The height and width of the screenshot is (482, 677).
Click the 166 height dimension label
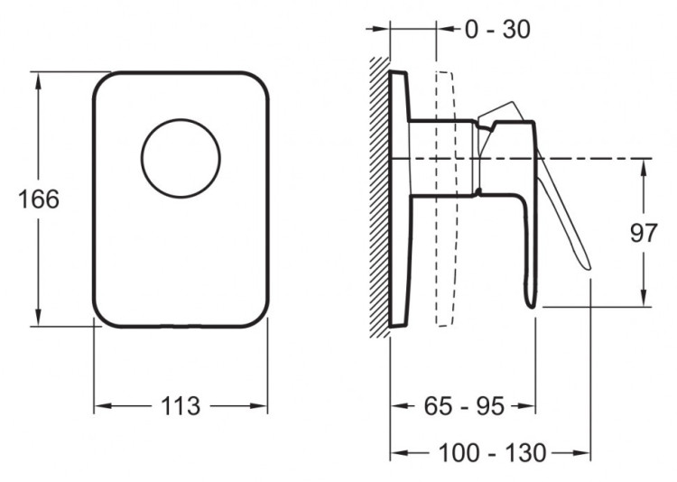point(39,199)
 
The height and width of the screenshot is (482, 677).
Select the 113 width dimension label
point(181,406)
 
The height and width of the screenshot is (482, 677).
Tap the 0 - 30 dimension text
point(497,30)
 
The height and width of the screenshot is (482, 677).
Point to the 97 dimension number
point(644,233)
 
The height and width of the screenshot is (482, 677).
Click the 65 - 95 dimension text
point(464,406)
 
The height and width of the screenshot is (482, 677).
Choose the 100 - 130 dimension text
point(492,453)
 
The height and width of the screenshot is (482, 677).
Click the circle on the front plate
point(181,159)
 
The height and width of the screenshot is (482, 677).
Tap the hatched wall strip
point(380,198)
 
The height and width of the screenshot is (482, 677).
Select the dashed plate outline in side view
point(446,199)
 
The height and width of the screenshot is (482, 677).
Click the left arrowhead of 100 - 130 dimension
point(399,453)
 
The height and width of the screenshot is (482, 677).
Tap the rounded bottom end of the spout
point(531,304)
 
